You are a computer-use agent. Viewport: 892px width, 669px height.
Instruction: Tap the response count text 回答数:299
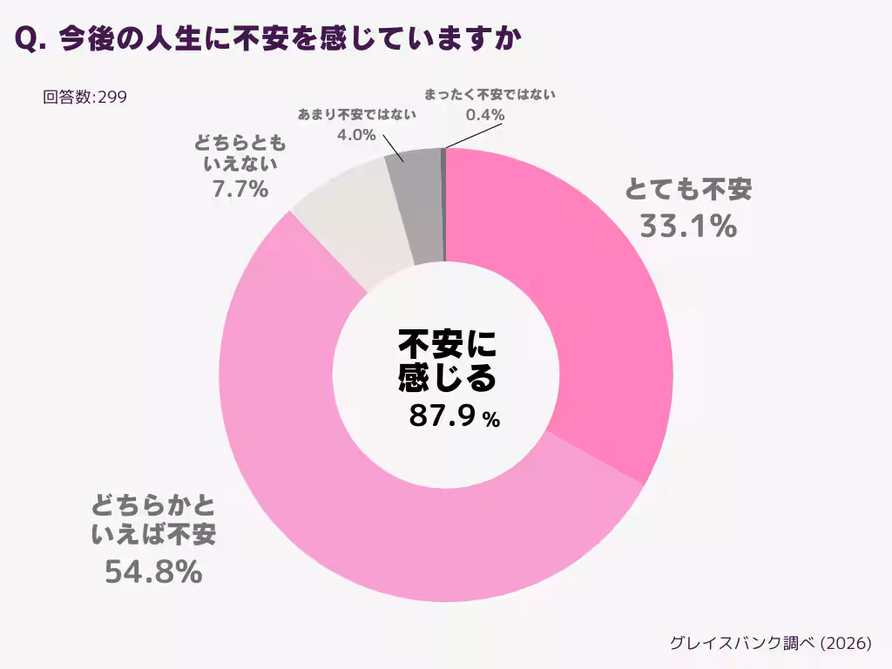(84, 97)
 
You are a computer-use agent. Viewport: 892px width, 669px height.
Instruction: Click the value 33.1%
(688, 226)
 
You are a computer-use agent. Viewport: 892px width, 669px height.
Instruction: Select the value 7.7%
(240, 188)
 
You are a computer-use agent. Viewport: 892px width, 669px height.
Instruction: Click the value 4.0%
(356, 135)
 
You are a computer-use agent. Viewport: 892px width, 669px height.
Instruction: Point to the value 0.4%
(485, 115)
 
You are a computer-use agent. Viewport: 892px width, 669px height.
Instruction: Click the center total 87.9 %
(454, 416)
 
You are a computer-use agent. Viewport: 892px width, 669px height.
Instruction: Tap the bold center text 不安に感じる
(447, 361)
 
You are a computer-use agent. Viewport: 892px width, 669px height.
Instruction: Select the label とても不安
(688, 189)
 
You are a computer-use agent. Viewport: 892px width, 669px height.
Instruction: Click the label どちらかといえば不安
(153, 520)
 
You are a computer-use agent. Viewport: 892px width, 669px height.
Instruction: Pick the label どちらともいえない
(240, 152)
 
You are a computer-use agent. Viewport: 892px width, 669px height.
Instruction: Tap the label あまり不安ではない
(356, 114)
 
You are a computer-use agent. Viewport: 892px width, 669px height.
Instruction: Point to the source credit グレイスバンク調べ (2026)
(770, 643)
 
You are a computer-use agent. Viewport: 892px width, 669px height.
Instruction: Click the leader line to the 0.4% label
(475, 136)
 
